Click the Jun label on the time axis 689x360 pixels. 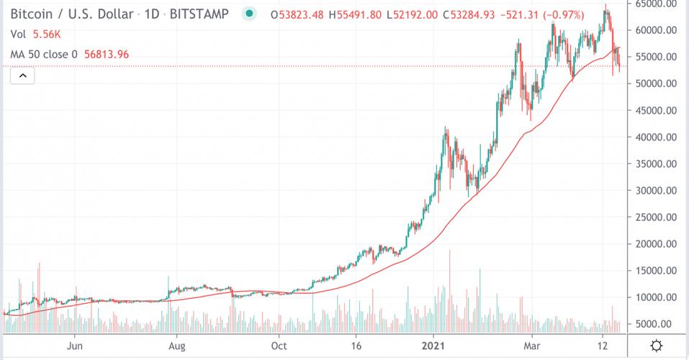click(73, 346)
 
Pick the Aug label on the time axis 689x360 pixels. click(176, 346)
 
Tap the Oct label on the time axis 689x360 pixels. click(279, 346)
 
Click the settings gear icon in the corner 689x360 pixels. click(657, 346)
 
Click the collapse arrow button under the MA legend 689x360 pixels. click(22, 76)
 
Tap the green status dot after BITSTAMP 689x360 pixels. click(249, 14)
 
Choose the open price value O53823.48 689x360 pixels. click(297, 14)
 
